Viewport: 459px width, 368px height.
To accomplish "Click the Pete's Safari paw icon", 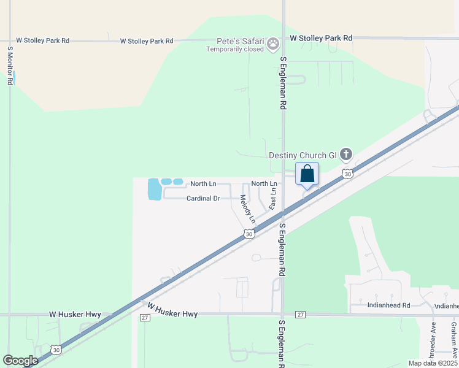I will click(x=273, y=44).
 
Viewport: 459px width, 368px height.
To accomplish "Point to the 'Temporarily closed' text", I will click(x=235, y=49).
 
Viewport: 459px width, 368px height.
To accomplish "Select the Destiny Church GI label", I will click(x=303, y=155).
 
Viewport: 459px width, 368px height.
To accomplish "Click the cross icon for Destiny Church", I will click(x=346, y=154).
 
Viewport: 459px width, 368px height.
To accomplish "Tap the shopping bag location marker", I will click(x=307, y=174).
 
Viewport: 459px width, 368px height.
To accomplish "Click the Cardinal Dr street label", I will click(x=203, y=199).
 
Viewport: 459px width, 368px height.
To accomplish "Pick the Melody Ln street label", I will click(x=247, y=209).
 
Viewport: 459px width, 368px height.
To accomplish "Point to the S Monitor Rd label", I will click(x=10, y=64).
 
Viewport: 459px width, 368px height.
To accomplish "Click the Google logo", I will click(x=20, y=361).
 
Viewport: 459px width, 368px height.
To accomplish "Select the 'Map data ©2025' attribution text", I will click(x=433, y=363).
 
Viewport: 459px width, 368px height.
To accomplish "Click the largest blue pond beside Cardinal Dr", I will click(x=154, y=190).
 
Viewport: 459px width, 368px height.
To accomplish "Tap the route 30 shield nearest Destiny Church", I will click(x=348, y=174).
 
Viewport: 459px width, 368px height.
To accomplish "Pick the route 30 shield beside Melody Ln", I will click(x=249, y=234).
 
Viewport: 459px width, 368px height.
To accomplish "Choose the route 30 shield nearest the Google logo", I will click(x=56, y=350).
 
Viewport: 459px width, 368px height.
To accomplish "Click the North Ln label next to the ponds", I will click(x=203, y=184).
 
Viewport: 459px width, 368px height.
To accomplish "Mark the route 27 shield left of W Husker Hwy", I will click(x=145, y=317).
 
